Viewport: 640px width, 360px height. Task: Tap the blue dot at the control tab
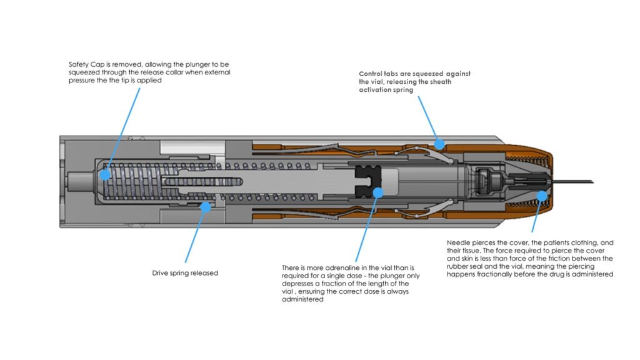coord(439,144)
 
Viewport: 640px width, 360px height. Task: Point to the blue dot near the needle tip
coord(542,196)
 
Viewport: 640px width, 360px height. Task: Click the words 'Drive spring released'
coord(185,273)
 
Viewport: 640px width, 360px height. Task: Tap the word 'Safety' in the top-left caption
coord(77,64)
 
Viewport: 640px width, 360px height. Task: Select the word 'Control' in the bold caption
coord(373,74)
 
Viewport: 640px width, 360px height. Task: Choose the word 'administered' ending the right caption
coord(592,274)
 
